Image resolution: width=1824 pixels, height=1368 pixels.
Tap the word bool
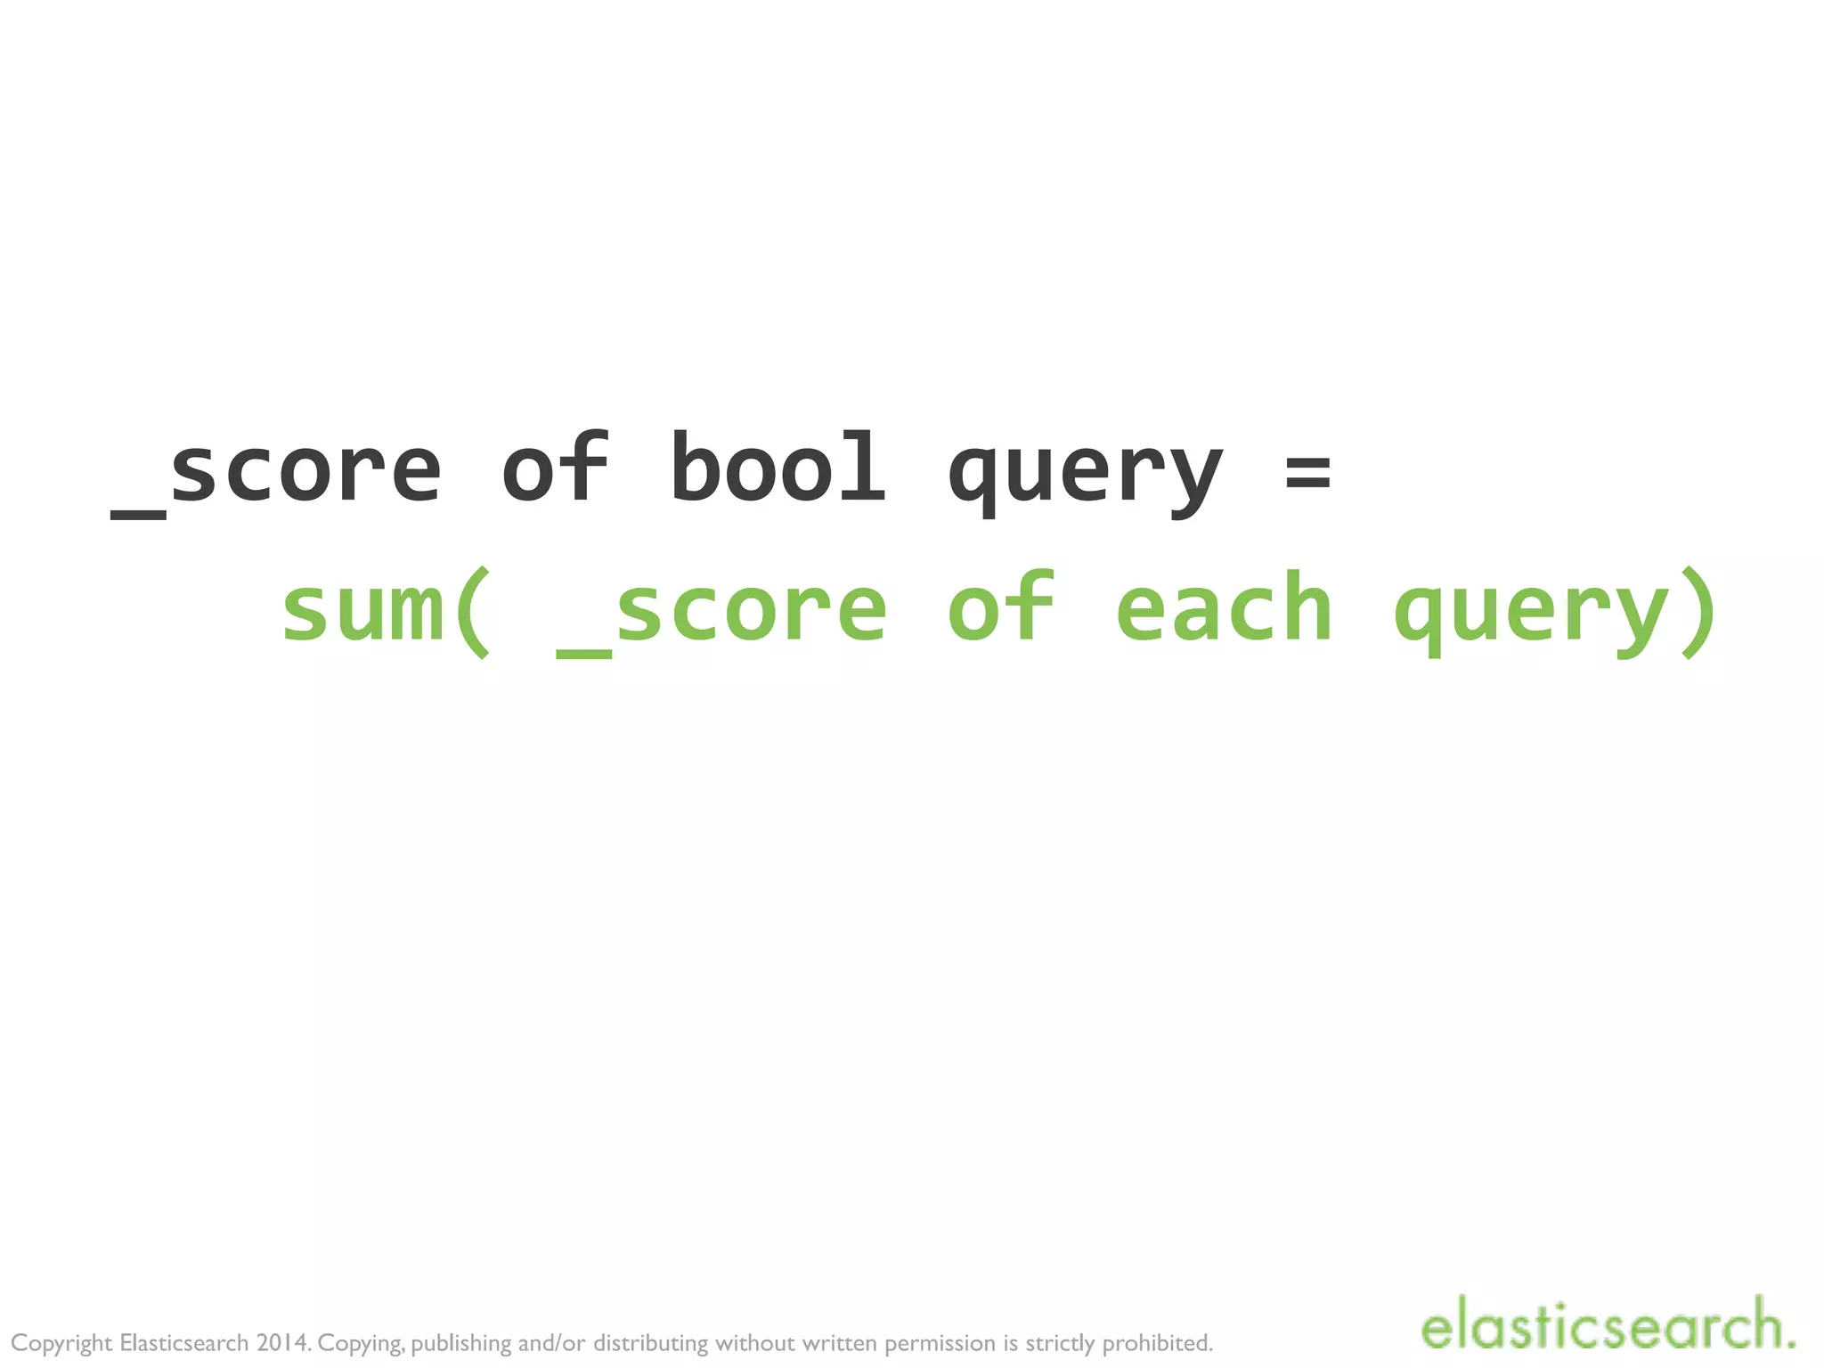point(778,468)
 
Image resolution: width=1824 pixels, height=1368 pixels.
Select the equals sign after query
point(1307,471)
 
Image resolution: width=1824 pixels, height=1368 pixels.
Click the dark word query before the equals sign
point(1084,476)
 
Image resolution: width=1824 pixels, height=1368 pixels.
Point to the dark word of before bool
point(556,468)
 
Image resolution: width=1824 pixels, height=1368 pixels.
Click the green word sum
point(362,609)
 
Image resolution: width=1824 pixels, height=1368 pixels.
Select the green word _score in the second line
point(721,611)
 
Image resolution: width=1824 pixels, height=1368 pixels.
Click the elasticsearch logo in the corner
point(1607,1325)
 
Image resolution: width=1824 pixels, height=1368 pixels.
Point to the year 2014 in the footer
point(283,1342)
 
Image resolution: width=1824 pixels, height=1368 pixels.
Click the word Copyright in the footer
point(61,1343)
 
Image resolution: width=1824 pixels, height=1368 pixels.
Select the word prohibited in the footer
point(1158,1342)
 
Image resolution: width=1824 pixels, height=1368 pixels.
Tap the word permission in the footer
point(940,1343)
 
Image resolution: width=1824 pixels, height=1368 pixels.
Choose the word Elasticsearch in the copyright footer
point(183,1342)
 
